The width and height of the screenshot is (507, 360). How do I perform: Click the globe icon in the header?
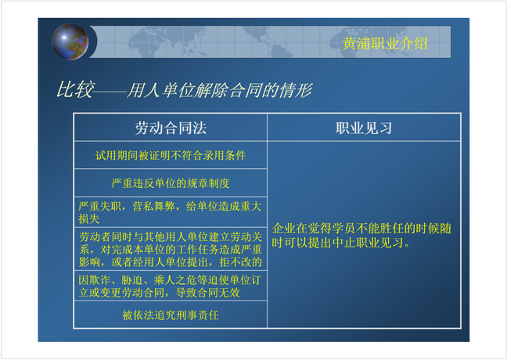pos(70,41)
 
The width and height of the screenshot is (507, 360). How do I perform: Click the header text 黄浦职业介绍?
pos(385,43)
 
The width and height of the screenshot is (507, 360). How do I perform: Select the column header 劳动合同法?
pos(171,128)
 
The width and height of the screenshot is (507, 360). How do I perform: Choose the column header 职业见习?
pos(364,128)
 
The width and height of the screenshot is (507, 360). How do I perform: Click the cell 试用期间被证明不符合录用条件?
pos(171,156)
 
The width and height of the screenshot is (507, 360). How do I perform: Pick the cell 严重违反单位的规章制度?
pos(171,183)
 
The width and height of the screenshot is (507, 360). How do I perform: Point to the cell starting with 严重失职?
pos(170,213)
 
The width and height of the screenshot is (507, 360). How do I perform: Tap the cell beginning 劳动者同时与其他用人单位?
pos(171,250)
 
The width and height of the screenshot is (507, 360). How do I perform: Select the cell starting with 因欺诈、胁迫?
pos(170,286)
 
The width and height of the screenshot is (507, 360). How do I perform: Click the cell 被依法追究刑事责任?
pos(171,315)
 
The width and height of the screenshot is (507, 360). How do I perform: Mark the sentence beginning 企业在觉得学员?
pos(361,235)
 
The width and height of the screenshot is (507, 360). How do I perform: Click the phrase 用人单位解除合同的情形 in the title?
pos(219,90)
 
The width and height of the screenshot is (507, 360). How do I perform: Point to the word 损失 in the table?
pos(89,219)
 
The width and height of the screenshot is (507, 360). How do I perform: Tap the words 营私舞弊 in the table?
pos(153,207)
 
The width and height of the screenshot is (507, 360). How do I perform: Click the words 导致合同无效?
pos(207,293)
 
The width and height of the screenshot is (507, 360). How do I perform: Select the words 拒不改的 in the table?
pos(240,262)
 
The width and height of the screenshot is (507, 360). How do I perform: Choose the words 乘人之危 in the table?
pos(175,280)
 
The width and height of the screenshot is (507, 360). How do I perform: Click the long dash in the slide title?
pos(110,93)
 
